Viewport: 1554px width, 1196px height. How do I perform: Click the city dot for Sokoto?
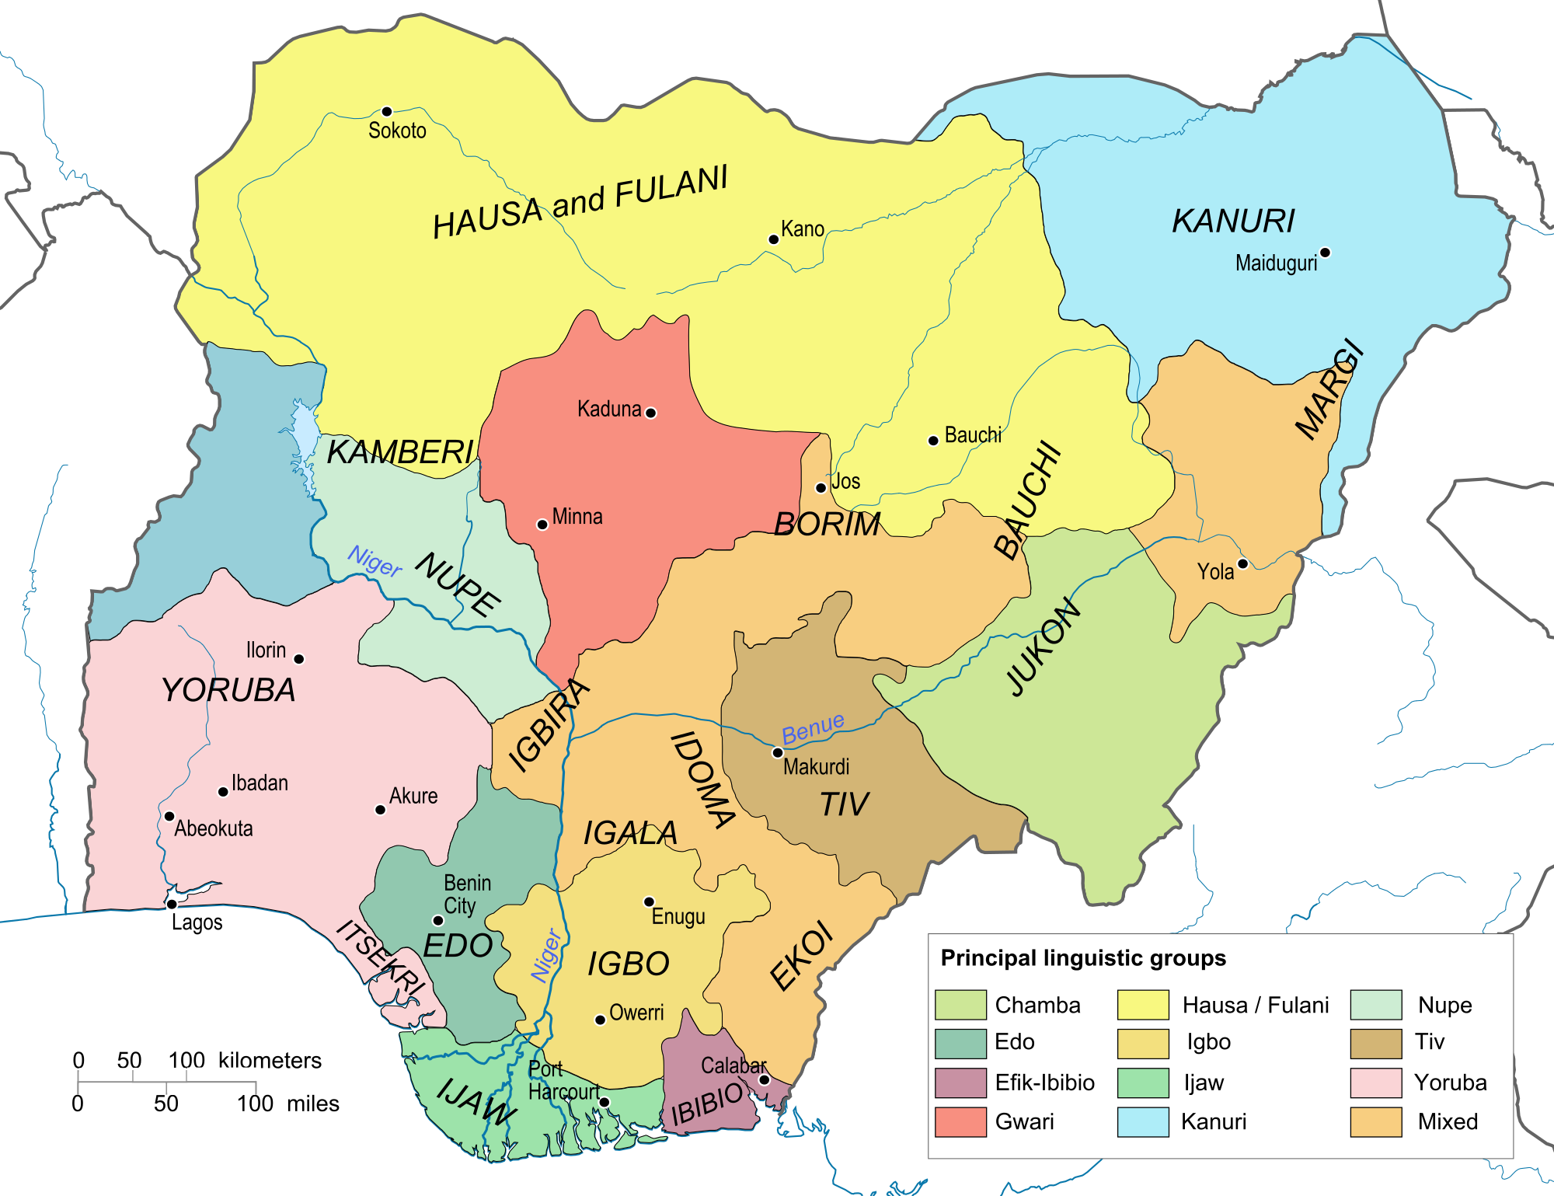tap(387, 112)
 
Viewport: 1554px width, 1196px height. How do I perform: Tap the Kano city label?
tap(803, 229)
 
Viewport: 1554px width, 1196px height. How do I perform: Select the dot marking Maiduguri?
tap(1326, 253)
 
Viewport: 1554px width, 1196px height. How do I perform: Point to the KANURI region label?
tap(1233, 221)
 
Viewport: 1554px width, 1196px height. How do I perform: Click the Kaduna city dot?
tap(651, 413)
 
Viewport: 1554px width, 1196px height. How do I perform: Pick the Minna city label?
tap(577, 517)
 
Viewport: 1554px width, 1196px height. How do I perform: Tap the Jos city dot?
tap(821, 488)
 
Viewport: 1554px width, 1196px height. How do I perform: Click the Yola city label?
tap(1215, 572)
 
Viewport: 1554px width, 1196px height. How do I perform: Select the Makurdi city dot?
tap(777, 752)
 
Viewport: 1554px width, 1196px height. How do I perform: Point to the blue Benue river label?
tap(813, 729)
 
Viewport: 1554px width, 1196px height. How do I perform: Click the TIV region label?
tap(845, 804)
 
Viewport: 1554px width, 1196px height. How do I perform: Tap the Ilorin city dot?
tap(299, 659)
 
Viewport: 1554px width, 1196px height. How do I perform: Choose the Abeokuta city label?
tap(214, 828)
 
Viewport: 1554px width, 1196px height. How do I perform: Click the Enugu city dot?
tap(649, 902)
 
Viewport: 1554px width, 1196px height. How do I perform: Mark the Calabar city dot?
tap(764, 1079)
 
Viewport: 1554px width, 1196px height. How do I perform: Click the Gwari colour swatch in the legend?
tap(960, 1122)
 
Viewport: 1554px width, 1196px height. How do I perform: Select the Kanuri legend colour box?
tap(1143, 1122)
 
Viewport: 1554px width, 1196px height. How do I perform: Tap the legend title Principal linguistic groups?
tap(1083, 958)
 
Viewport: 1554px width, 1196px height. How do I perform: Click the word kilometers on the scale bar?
tap(270, 1061)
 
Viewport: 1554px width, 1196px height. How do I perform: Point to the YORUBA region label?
tap(228, 690)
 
